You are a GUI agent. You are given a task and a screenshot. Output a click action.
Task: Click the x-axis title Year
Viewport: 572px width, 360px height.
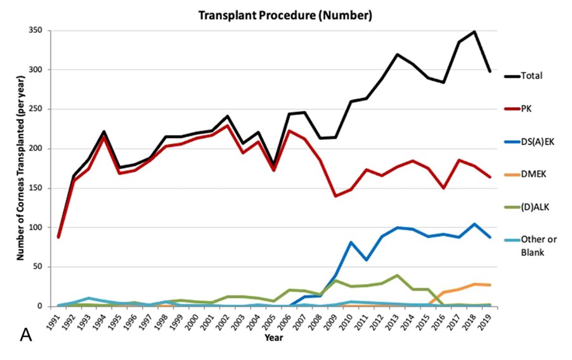(x=274, y=338)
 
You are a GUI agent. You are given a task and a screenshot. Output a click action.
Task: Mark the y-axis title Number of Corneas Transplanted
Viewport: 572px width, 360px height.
(x=20, y=168)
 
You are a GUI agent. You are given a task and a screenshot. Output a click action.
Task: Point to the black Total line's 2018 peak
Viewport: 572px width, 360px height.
(x=474, y=31)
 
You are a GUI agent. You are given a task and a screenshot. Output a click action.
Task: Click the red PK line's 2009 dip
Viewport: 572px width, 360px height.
(x=335, y=196)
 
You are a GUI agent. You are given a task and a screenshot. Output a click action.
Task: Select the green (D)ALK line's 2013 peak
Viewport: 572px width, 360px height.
(x=396, y=276)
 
